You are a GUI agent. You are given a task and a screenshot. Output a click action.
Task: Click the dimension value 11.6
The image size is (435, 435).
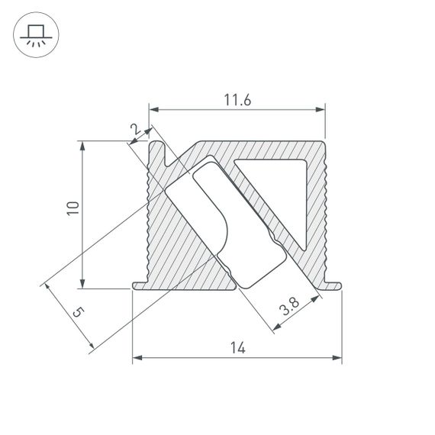237,98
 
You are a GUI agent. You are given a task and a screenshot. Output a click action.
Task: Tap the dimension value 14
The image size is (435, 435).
237,348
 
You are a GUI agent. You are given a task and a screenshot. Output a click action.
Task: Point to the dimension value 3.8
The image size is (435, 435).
289,309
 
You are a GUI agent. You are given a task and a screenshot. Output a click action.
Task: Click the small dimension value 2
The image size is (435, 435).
136,130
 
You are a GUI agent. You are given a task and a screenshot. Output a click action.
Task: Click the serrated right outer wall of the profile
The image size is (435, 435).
324,214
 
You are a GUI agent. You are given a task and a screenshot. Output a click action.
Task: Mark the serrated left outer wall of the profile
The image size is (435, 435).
148,214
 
